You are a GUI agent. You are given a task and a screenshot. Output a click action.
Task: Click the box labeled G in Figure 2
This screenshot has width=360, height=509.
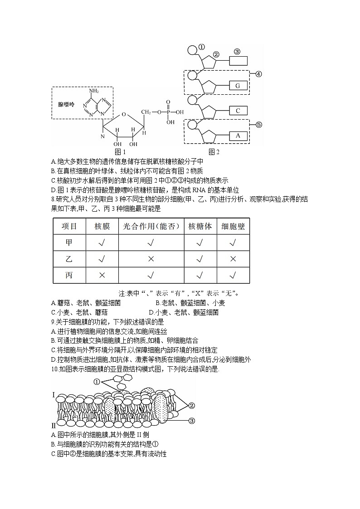point(238,85)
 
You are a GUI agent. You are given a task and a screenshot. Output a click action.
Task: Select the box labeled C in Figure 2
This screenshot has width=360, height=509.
point(238,110)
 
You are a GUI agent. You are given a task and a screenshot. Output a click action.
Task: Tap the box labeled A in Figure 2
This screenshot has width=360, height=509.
point(238,135)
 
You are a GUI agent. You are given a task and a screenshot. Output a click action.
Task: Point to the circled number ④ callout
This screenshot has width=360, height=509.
point(258,74)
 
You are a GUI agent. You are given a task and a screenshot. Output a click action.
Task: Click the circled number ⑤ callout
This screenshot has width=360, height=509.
point(258,124)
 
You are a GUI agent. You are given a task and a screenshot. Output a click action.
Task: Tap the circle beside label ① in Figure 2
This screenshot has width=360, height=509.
point(192,49)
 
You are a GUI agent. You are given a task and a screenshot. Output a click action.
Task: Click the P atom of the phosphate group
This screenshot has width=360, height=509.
point(168,111)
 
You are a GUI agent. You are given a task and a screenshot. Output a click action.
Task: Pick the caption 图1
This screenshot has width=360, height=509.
point(120,151)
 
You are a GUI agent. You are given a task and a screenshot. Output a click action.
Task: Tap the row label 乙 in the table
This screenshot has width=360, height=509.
point(69,259)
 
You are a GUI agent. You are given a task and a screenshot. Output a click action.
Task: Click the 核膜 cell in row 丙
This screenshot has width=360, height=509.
point(102,275)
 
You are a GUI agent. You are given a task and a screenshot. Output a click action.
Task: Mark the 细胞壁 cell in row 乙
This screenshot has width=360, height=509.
point(234,259)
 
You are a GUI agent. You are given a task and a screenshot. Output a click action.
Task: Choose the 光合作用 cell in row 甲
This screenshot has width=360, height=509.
point(151,242)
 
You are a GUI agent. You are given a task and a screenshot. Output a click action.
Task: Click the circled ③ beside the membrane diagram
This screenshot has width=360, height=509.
point(191,421)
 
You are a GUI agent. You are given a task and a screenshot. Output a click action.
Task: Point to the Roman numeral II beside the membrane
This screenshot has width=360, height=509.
point(54,425)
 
